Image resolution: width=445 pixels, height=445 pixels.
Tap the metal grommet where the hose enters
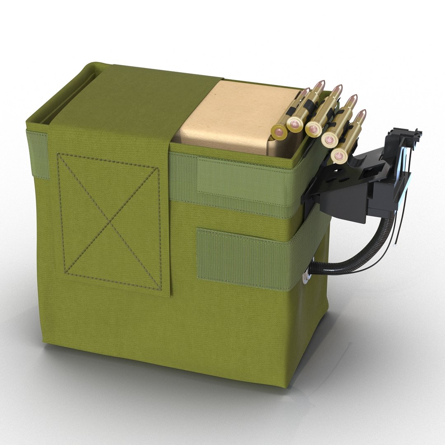[306, 279]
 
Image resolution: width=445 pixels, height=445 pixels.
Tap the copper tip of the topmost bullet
[320, 84]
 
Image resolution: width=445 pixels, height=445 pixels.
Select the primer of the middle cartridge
[313, 129]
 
